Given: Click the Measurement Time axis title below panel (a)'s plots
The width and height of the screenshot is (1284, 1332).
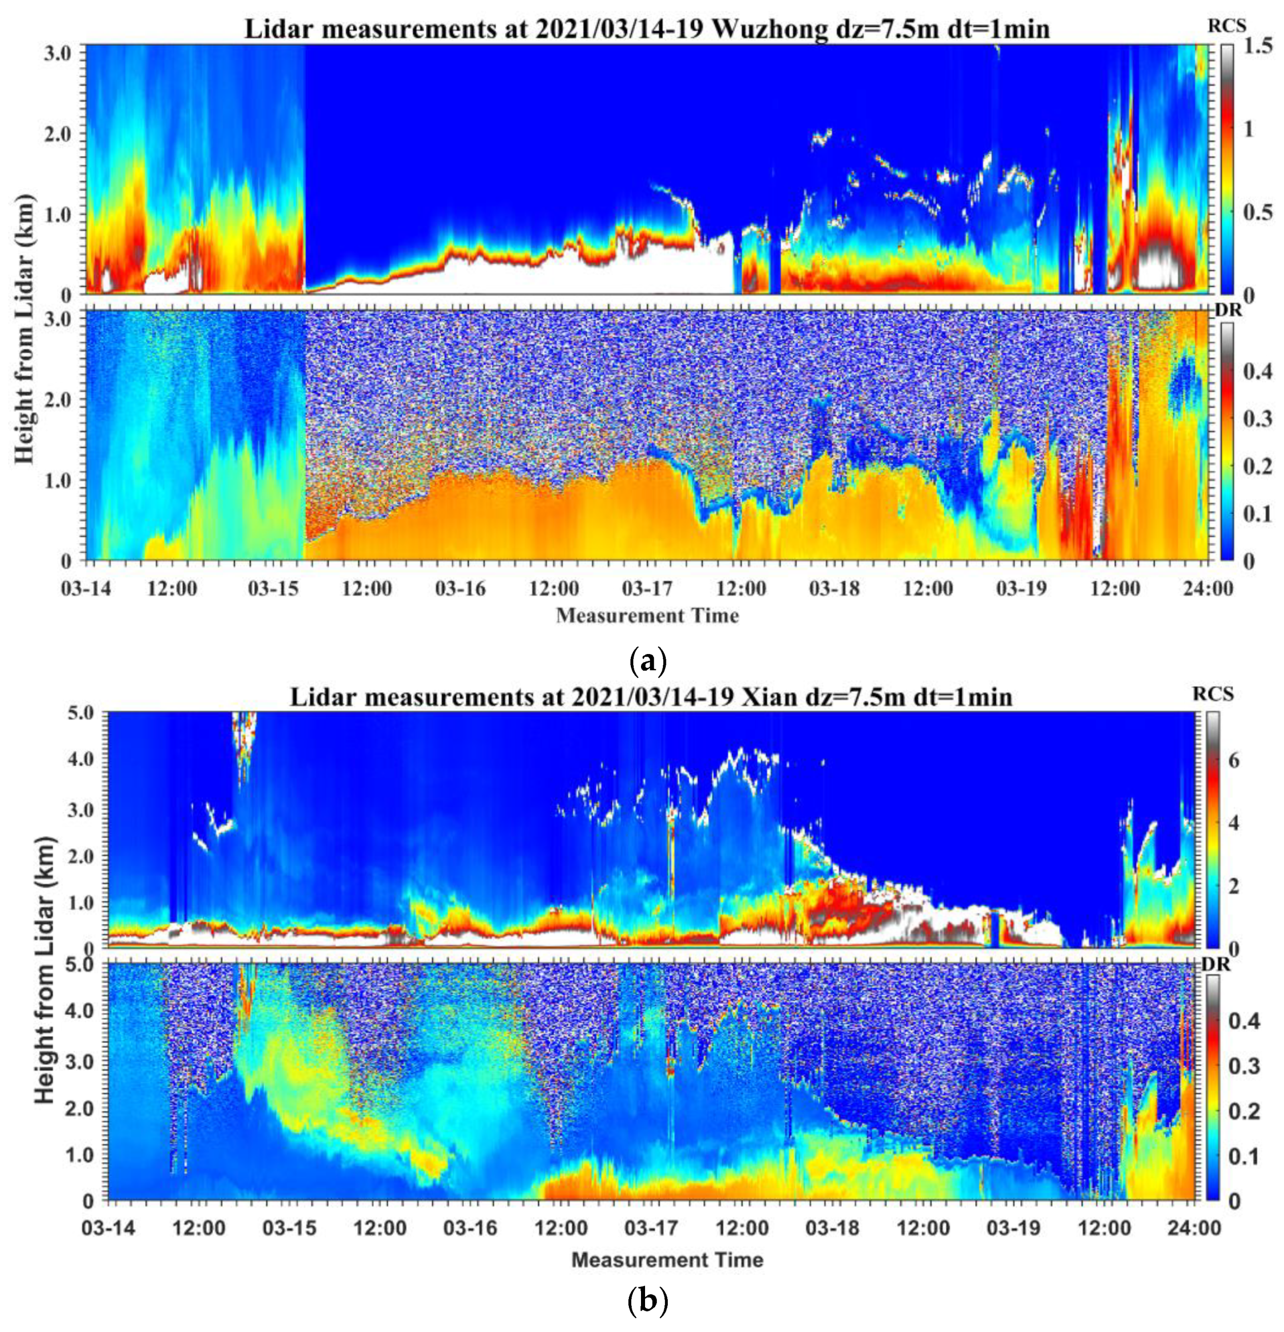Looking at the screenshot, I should [x=647, y=616].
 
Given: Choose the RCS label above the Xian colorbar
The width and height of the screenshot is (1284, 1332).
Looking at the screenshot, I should [x=1218, y=694].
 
